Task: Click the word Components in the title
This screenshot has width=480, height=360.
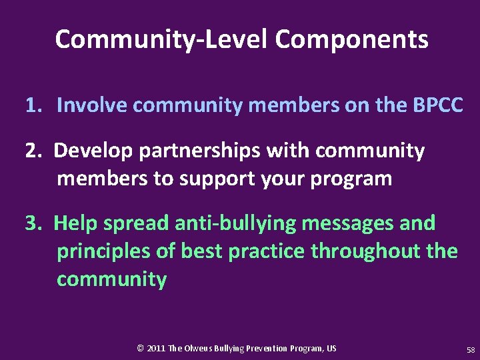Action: (x=351, y=40)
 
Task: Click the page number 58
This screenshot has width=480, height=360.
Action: (x=471, y=349)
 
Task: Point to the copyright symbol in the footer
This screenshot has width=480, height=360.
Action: (x=140, y=349)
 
